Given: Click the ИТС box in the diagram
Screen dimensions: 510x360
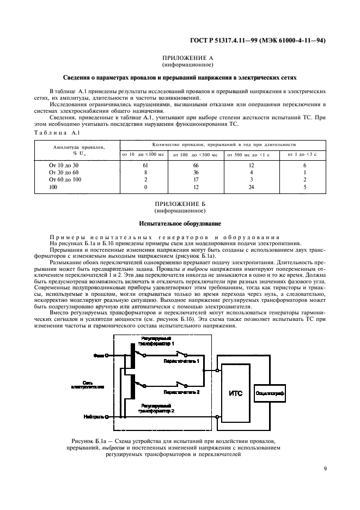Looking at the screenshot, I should (x=236, y=392).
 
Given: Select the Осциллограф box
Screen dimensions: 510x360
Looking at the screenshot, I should (x=285, y=392).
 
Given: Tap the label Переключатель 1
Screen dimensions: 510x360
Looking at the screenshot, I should (x=181, y=361).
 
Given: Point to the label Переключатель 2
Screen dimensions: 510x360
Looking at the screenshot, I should (x=181, y=391).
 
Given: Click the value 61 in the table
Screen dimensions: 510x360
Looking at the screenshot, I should (x=145, y=165).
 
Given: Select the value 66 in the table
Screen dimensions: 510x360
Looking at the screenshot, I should (x=196, y=165).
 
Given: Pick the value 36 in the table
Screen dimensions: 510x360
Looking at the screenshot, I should (x=196, y=172).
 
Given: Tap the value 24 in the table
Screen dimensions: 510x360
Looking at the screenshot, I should (x=251, y=187).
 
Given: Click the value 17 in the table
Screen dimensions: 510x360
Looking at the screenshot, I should (x=196, y=179).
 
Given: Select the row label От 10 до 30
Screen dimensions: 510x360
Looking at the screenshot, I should (x=64, y=165).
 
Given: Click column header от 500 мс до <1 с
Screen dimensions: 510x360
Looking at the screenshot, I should (x=251, y=154).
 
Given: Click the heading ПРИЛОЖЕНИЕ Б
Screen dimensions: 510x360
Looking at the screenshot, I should (x=179, y=204).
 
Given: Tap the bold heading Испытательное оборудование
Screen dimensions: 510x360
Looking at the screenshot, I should (x=179, y=223).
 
